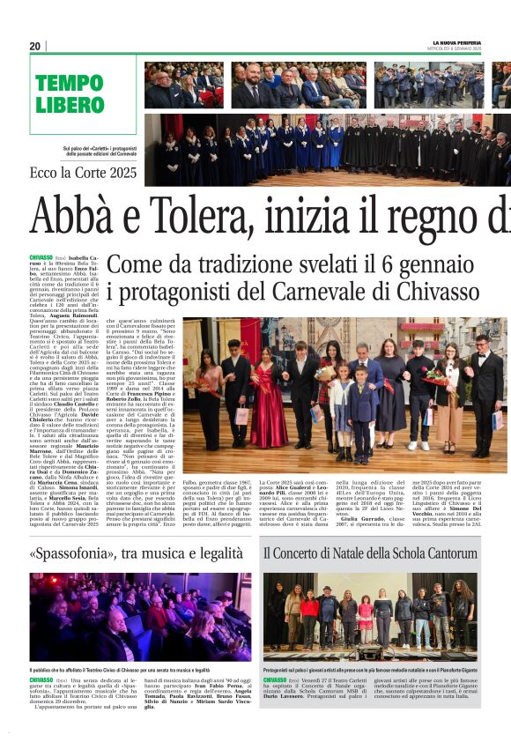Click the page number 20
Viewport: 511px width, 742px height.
[x=35, y=46]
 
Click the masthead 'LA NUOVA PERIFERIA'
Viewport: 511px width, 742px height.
[x=456, y=42]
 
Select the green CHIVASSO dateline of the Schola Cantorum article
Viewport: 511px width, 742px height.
[x=275, y=680]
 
